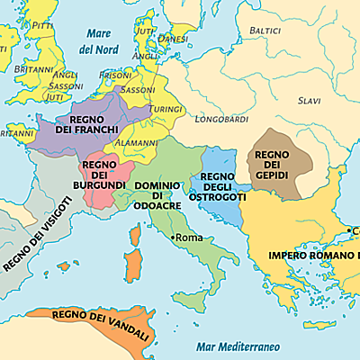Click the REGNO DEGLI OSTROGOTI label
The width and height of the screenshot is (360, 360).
click(x=217, y=187)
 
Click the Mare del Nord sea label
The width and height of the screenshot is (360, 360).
click(x=98, y=40)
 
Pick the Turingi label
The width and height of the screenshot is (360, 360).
click(x=166, y=107)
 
